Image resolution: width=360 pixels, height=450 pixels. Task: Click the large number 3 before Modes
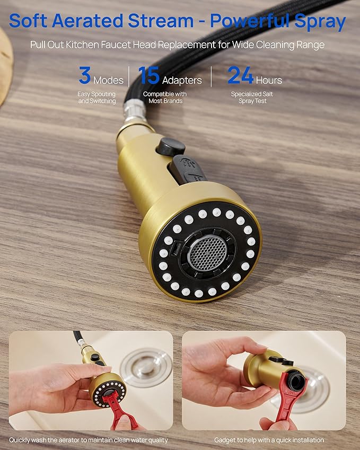[x=84, y=75]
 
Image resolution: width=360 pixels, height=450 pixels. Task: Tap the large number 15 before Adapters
[x=149, y=75]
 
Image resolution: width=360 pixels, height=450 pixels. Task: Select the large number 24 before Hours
[x=240, y=75]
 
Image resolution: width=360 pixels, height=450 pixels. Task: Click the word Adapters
[x=182, y=80]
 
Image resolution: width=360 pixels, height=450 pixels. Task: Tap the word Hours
[x=269, y=80]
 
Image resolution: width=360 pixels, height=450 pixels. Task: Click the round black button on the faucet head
[x=170, y=146]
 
